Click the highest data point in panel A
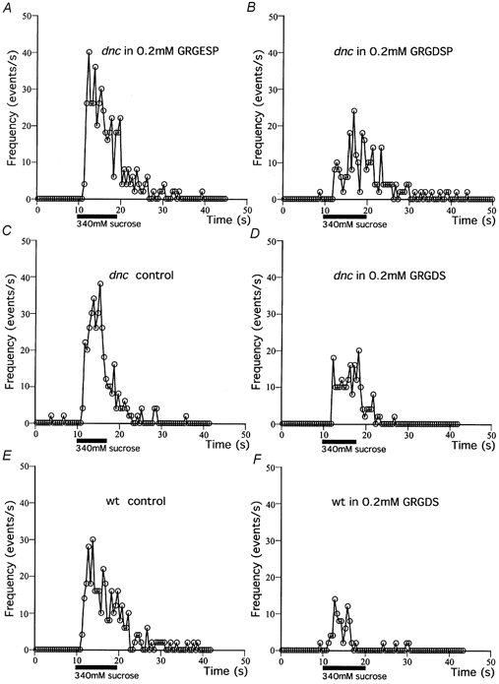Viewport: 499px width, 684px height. tap(90, 51)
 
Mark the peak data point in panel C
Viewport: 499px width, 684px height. tap(100, 284)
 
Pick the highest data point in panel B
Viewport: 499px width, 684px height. tap(353, 110)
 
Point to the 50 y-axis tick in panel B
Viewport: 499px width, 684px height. tap(277, 16)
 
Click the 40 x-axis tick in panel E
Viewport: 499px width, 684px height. tap(205, 660)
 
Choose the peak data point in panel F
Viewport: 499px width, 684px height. tap(336, 598)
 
